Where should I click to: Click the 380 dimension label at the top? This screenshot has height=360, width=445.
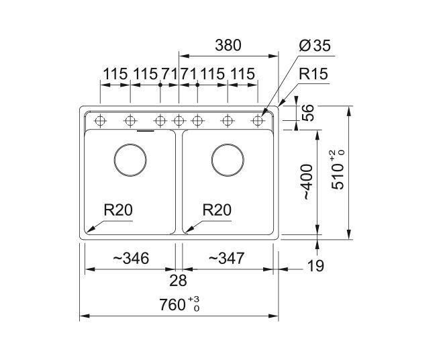[x=228, y=45]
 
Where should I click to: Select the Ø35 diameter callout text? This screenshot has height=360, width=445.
[x=315, y=46]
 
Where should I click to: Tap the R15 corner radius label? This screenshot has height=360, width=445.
[x=313, y=74]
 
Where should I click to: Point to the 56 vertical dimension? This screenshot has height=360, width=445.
[x=308, y=113]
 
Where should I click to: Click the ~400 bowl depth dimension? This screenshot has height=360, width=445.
[x=307, y=182]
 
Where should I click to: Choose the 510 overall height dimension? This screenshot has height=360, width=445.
[x=338, y=171]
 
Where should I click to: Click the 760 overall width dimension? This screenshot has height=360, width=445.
[x=179, y=304]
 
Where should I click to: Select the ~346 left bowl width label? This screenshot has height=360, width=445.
[x=131, y=259]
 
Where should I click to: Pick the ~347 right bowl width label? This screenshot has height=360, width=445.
[x=226, y=259]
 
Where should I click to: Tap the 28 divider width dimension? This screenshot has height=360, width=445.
[x=179, y=281]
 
